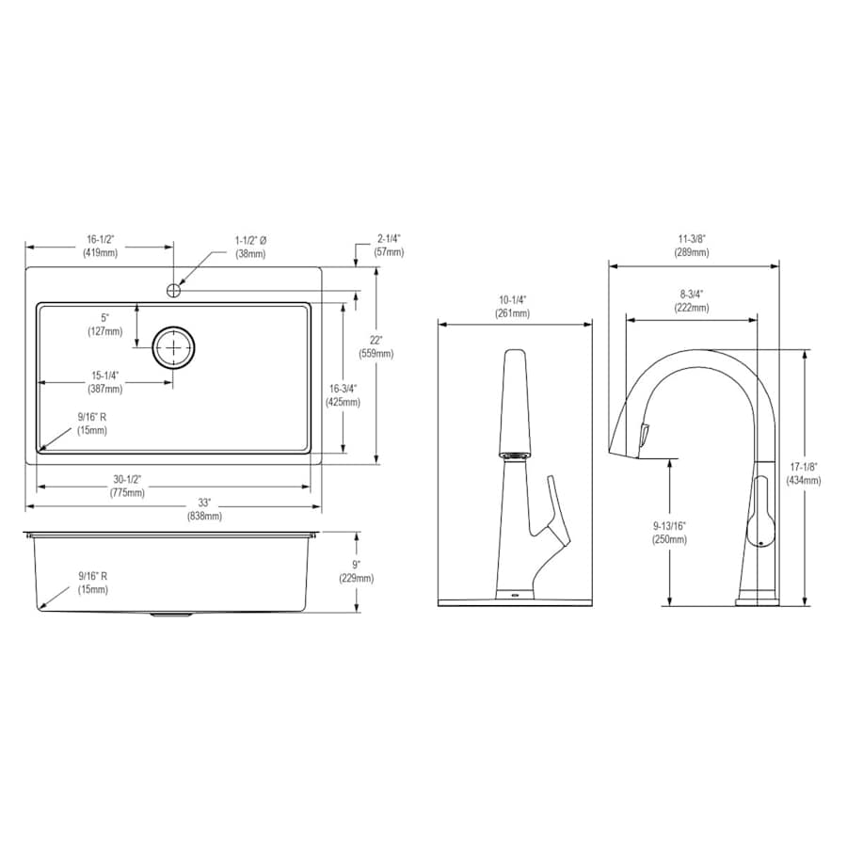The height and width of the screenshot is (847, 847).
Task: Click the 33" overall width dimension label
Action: click(x=204, y=509)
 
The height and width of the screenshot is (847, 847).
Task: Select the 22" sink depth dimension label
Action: click(x=376, y=346)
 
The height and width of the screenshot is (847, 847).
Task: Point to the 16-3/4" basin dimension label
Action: click(x=343, y=395)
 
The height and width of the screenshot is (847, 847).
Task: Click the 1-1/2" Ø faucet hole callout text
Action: click(x=250, y=247)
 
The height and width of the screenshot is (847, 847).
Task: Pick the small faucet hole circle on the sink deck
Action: click(x=173, y=290)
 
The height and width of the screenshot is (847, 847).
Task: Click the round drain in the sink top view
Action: click(x=173, y=347)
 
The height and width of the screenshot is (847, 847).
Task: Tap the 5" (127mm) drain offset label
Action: click(x=105, y=325)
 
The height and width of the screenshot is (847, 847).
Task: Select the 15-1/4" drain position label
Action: click(x=105, y=382)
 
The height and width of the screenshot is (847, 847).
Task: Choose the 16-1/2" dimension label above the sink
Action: click(x=101, y=246)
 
